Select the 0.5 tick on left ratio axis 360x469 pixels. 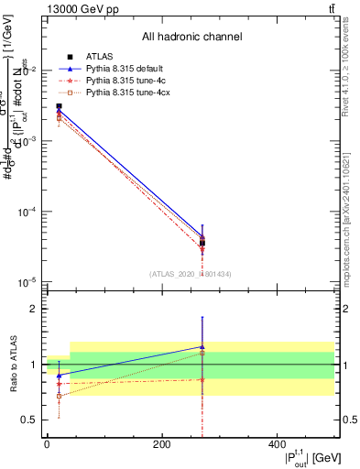29,420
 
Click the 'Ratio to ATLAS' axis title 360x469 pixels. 12,365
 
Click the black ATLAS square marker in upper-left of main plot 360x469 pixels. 59,107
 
